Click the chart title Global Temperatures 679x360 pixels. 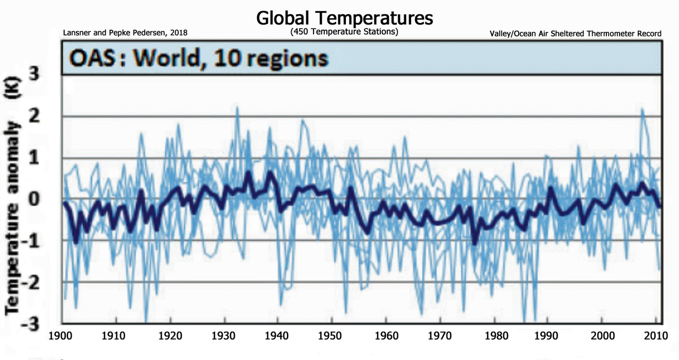(x=344, y=18)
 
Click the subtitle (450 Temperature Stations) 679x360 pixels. (x=344, y=32)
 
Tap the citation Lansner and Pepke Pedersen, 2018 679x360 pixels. (x=125, y=33)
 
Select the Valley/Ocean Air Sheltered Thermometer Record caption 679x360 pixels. (x=576, y=33)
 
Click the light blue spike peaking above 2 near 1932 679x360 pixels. (x=237, y=109)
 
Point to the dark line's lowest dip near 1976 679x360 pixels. (x=475, y=242)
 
